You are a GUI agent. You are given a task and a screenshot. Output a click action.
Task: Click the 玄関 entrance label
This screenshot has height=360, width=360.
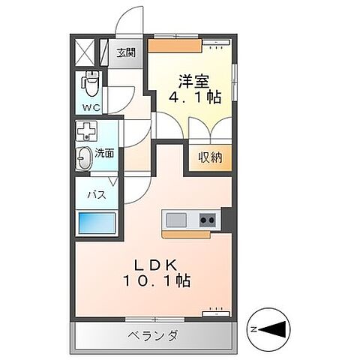click(x=126, y=52)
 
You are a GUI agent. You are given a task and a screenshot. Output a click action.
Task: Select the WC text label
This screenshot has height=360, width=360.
click(x=91, y=107)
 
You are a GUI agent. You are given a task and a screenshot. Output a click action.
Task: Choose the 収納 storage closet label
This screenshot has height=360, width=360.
click(x=210, y=157)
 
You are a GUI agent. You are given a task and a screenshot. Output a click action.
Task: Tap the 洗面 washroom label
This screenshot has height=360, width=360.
click(x=104, y=154)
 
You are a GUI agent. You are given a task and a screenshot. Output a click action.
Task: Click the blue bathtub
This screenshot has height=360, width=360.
click(x=96, y=225)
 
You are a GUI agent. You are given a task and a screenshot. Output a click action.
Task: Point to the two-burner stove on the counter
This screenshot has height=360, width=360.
click(x=207, y=220)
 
